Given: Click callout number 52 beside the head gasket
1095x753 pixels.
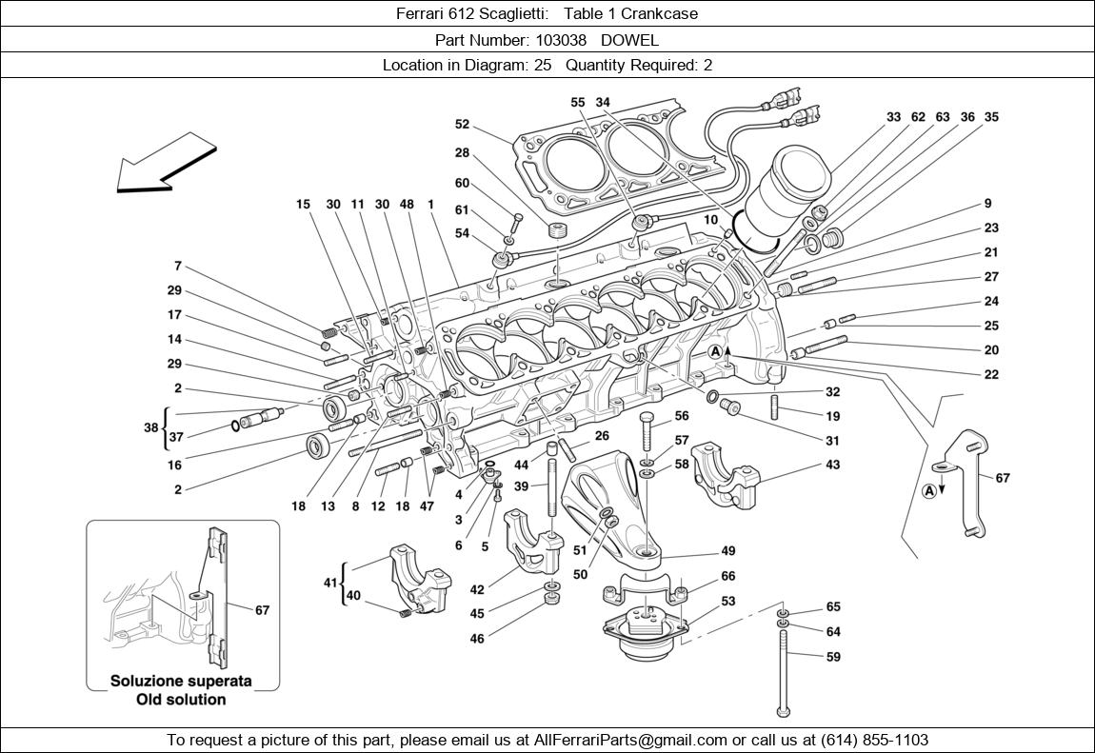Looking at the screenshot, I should click(462, 124).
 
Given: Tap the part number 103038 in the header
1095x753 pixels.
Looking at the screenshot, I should click(562, 40).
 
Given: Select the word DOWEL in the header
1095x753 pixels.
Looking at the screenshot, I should click(629, 40).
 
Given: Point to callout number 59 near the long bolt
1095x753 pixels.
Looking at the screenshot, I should click(833, 657).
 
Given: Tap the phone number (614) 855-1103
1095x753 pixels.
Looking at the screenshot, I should click(868, 740).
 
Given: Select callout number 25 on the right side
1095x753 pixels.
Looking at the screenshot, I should click(991, 326).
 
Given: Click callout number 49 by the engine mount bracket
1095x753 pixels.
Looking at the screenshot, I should click(727, 551).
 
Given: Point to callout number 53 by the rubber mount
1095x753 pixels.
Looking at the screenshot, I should click(727, 601).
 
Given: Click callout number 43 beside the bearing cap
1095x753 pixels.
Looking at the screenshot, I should click(832, 466).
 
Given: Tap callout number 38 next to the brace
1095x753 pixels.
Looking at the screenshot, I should click(150, 427).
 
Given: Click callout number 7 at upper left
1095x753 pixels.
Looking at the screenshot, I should click(177, 267).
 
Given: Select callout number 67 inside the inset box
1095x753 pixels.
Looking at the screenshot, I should click(262, 610).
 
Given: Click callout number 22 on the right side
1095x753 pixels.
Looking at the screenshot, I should click(991, 374).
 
